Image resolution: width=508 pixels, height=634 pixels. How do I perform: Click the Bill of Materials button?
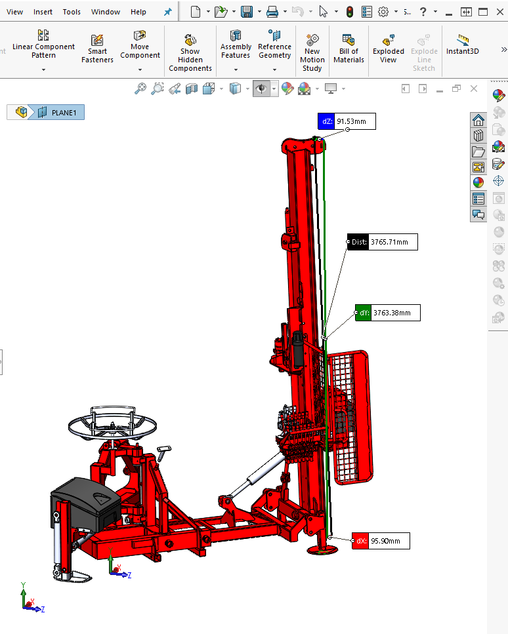[x=349, y=49]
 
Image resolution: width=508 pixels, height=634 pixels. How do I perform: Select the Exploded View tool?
[x=388, y=49]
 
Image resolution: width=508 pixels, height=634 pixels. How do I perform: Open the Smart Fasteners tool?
[x=97, y=49]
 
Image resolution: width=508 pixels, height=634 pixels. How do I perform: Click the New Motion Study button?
[x=312, y=52]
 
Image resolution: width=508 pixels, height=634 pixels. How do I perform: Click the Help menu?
[x=138, y=12]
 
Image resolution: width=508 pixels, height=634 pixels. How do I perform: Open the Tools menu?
[x=72, y=12]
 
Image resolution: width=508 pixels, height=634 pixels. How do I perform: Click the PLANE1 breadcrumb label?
[x=64, y=112]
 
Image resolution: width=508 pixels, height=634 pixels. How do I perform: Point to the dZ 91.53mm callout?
[x=347, y=121]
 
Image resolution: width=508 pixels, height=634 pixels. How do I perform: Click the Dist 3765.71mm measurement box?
[x=383, y=242]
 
